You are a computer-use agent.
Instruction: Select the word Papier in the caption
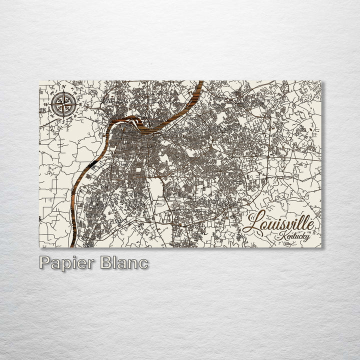point(65,263)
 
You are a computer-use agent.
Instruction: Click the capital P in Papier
point(45,263)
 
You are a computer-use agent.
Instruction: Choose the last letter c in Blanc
point(143,264)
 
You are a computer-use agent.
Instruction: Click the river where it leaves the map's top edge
point(200,82)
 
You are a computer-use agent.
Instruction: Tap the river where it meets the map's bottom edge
point(73,245)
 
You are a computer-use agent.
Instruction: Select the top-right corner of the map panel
point(321,81)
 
